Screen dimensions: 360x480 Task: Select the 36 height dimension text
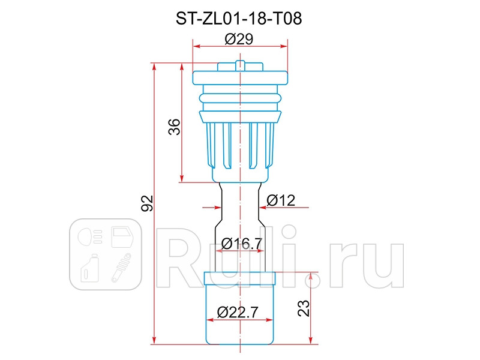173,127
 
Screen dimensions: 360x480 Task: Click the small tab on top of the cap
240,64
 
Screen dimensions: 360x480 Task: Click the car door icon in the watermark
124,236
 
